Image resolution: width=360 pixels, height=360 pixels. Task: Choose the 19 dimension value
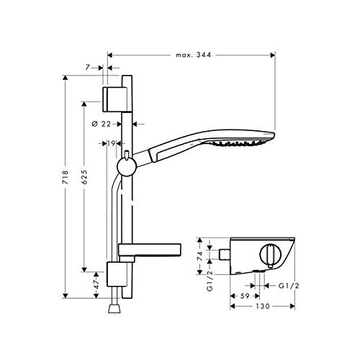point(112,143)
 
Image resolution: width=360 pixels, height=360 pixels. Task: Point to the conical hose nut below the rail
point(113,307)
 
